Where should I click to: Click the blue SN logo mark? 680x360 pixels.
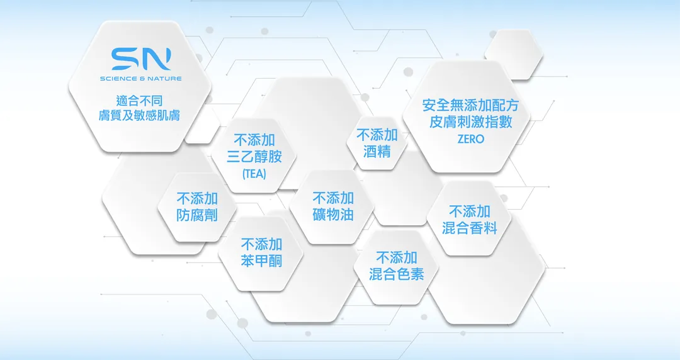(141, 59)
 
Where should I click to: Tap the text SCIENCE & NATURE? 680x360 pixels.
(141, 79)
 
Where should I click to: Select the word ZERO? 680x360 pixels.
(470, 139)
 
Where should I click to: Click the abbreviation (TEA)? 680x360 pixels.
(254, 174)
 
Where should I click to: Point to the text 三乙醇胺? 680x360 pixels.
(254, 157)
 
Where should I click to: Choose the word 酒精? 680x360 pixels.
(377, 152)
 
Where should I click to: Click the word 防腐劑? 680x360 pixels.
(197, 215)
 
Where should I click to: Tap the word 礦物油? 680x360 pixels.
(333, 214)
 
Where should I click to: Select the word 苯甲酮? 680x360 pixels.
(261, 261)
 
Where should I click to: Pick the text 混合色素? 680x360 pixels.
(397, 274)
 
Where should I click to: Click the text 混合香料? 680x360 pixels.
(470, 228)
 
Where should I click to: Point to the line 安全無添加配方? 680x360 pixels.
(470, 105)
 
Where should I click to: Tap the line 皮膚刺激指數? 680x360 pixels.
(470, 122)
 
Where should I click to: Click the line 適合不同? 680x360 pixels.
(140, 101)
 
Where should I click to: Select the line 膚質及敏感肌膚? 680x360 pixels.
(140, 115)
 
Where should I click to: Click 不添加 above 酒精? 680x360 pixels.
(377, 135)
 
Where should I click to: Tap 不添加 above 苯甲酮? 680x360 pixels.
(261, 245)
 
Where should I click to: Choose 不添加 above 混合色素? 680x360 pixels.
(397, 257)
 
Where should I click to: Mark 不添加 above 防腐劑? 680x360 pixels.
(197, 199)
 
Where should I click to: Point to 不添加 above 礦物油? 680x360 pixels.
(333, 198)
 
